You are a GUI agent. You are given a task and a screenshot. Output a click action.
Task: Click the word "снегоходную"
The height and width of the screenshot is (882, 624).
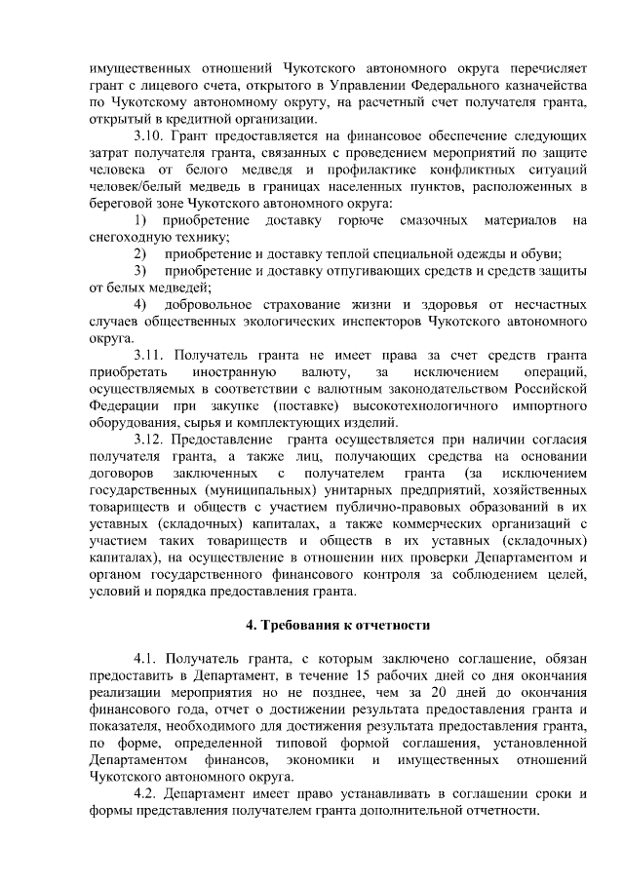coord(127,237)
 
